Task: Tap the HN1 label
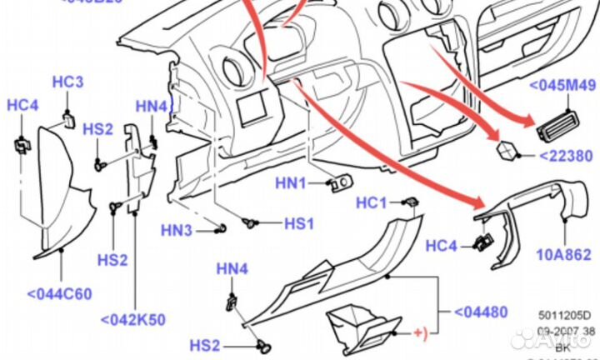291,182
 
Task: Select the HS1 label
298,223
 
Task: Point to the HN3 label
177,230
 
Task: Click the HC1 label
372,203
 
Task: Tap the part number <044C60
59,293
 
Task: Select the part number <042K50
134,318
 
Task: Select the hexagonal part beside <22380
507,151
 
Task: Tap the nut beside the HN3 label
220,229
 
